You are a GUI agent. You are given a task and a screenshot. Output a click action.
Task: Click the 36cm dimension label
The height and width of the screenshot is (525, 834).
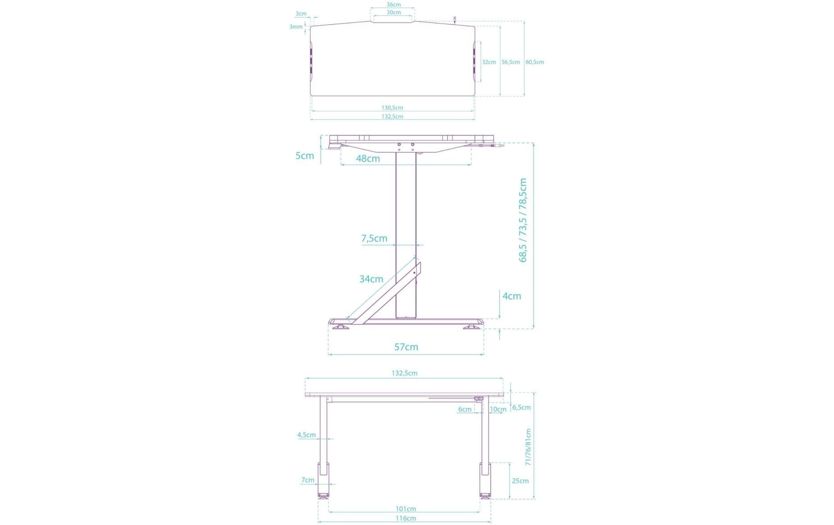coord(393,5)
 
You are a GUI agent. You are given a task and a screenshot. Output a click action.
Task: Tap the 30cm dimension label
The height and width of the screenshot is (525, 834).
coord(393,13)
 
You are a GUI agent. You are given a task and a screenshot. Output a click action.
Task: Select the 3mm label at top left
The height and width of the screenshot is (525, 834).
coord(296,27)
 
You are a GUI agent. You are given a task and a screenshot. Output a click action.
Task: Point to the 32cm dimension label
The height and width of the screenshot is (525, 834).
coord(489,62)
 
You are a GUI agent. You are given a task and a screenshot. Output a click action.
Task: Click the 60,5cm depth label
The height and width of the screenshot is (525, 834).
coord(535,62)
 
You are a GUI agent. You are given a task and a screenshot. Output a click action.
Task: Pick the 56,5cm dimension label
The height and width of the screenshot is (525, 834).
coord(510,62)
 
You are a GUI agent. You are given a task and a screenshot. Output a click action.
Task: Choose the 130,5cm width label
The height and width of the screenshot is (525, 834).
coord(392,108)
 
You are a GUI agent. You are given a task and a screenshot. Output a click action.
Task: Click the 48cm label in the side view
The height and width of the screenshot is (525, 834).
coord(368,159)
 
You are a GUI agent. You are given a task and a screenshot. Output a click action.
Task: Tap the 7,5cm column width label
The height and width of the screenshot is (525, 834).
coord(374,238)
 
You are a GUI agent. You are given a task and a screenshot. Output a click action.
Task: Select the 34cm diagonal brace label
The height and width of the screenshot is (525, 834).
coord(371,279)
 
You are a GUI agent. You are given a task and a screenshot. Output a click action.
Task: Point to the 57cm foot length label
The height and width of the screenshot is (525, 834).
coord(406,347)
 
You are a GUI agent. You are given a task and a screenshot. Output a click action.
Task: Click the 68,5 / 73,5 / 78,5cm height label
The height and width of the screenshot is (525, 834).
coord(523,220)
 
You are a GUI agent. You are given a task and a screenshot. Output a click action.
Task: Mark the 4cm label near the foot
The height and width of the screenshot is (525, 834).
coord(511,296)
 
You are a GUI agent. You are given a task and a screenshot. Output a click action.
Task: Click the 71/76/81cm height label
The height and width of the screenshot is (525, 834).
coord(528,447)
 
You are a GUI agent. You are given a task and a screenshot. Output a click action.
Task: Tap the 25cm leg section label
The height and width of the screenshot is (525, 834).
coord(520,481)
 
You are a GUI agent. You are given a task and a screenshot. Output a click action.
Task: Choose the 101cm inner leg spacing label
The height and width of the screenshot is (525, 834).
coord(406,509)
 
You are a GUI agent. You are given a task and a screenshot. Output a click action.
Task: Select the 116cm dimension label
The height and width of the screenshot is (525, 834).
coord(406,518)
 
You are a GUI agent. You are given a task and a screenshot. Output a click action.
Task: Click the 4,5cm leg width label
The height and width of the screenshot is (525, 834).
coord(306,435)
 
